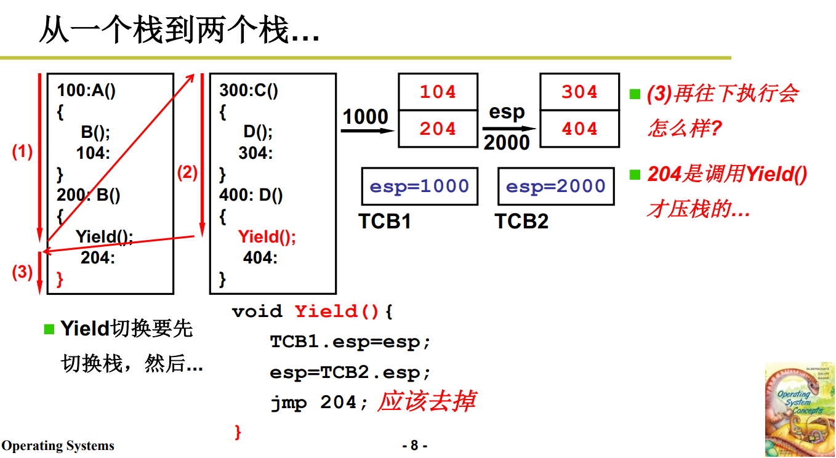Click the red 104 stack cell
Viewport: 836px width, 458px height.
pos(438,92)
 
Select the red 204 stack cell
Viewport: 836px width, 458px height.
pos(438,129)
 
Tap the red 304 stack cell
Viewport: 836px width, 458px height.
pos(579,92)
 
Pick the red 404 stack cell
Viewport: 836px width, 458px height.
pos(579,129)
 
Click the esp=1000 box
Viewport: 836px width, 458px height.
pos(419,187)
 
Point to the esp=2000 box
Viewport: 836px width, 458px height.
pos(555,187)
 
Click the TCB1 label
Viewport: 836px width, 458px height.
pos(385,221)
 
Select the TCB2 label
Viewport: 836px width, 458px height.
pos(521,221)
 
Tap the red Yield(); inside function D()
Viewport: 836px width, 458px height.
pos(267,237)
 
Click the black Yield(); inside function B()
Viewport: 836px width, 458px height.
pos(105,237)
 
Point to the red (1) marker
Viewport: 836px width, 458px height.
pos(22,151)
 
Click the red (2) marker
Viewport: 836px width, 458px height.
pos(187,173)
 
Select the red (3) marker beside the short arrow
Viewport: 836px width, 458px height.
pos(22,272)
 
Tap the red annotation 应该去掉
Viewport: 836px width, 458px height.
pos(427,401)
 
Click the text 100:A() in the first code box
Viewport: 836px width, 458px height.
pos(86,91)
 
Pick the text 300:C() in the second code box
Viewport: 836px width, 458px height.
pos(249,91)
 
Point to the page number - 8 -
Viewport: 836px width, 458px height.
pos(414,445)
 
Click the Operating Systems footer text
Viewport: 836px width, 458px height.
pos(58,446)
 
